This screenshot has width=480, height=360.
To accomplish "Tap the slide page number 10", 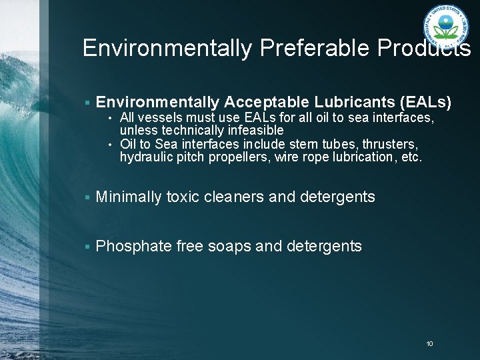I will pos(429,343).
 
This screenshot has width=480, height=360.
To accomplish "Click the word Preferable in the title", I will pos(305,48).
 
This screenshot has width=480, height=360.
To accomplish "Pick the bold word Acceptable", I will pos(264,102).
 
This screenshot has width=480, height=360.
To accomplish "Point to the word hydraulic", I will pos(143,158).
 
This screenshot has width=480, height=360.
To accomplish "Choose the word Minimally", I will pos(129,197).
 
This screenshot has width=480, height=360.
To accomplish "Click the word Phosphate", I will pos(133,246).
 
